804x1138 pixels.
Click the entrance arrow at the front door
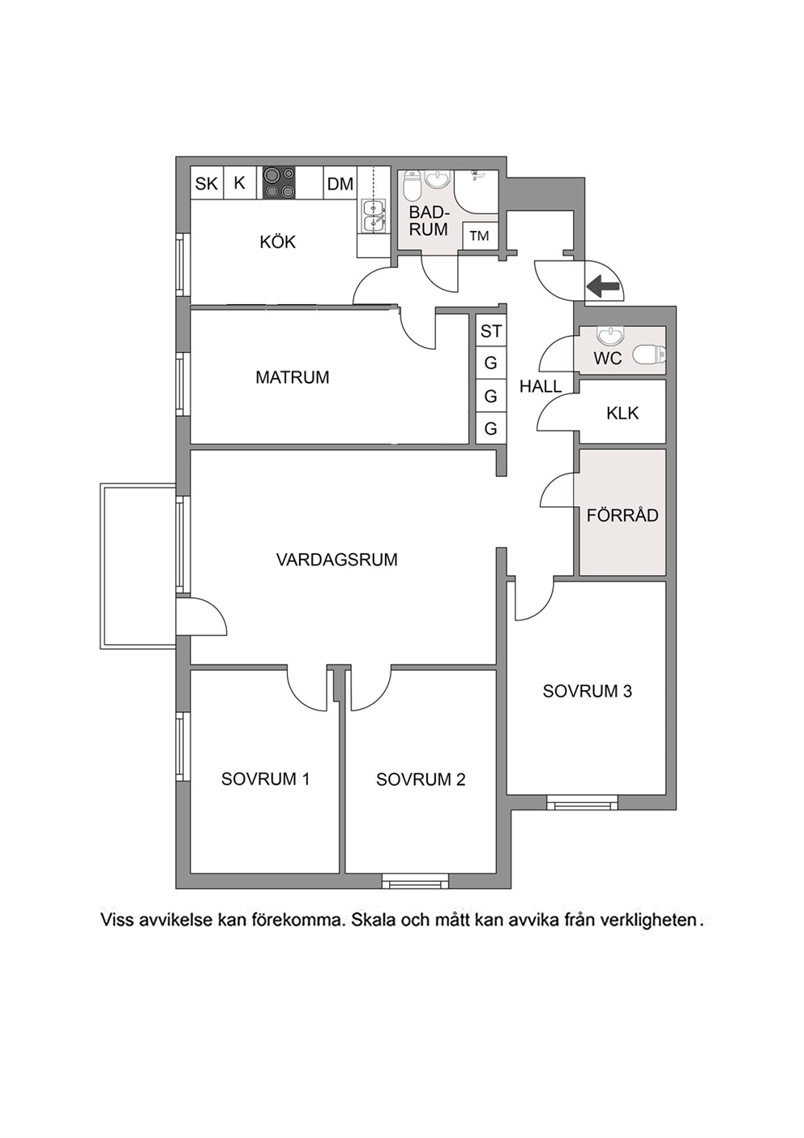click(603, 286)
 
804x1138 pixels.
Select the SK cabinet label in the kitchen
click(207, 183)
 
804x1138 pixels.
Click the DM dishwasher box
click(340, 183)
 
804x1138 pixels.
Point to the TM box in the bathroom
click(480, 236)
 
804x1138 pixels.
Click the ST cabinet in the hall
click(491, 331)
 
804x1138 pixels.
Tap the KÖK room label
click(278, 242)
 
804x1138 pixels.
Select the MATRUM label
click(293, 377)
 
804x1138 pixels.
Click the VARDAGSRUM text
click(337, 560)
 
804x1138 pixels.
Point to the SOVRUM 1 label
click(266, 779)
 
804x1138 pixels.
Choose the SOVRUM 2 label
click(421, 779)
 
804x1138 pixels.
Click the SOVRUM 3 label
click(588, 691)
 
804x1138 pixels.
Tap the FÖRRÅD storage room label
click(622, 515)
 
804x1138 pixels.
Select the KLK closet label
click(622, 414)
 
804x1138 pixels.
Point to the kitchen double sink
click(374, 215)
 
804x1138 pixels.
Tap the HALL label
click(541, 387)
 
